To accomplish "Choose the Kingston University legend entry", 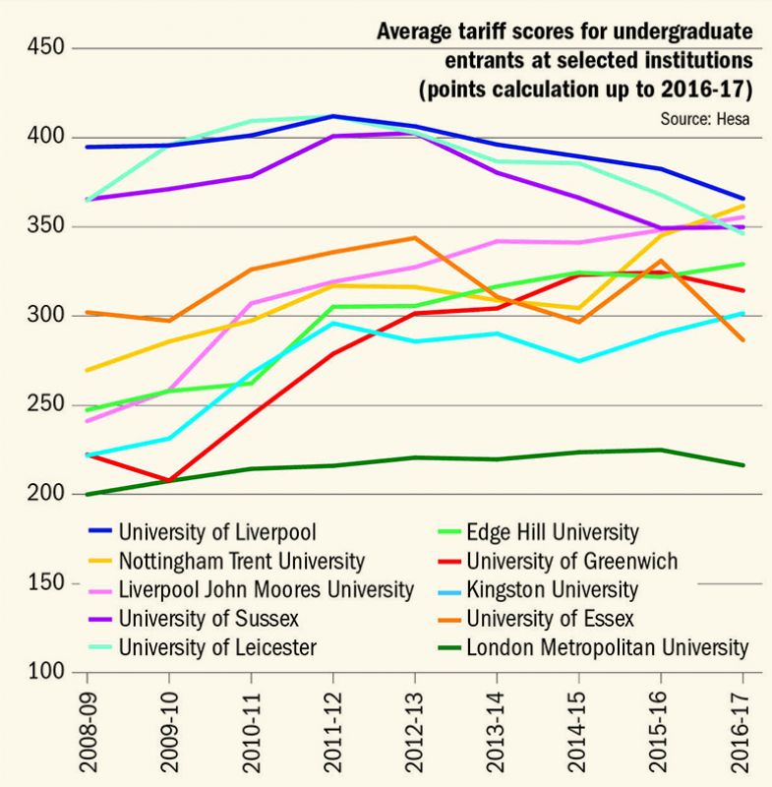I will pos(553,590).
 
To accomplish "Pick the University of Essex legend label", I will pos(551,619).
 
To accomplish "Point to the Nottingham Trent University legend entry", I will pos(241,561).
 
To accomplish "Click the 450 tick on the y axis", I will pos(45,47).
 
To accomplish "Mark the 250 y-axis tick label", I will pos(45,405).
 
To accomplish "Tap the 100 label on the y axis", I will pos(45,673).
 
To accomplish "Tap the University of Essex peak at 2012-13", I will pos(415,237).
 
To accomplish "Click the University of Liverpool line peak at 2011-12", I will pos(333,116).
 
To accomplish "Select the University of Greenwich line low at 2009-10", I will pos(169,481).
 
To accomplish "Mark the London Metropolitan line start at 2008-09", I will pos(87,494).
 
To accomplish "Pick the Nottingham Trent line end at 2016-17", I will pos(742,206).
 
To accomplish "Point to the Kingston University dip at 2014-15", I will pos(578,361).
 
